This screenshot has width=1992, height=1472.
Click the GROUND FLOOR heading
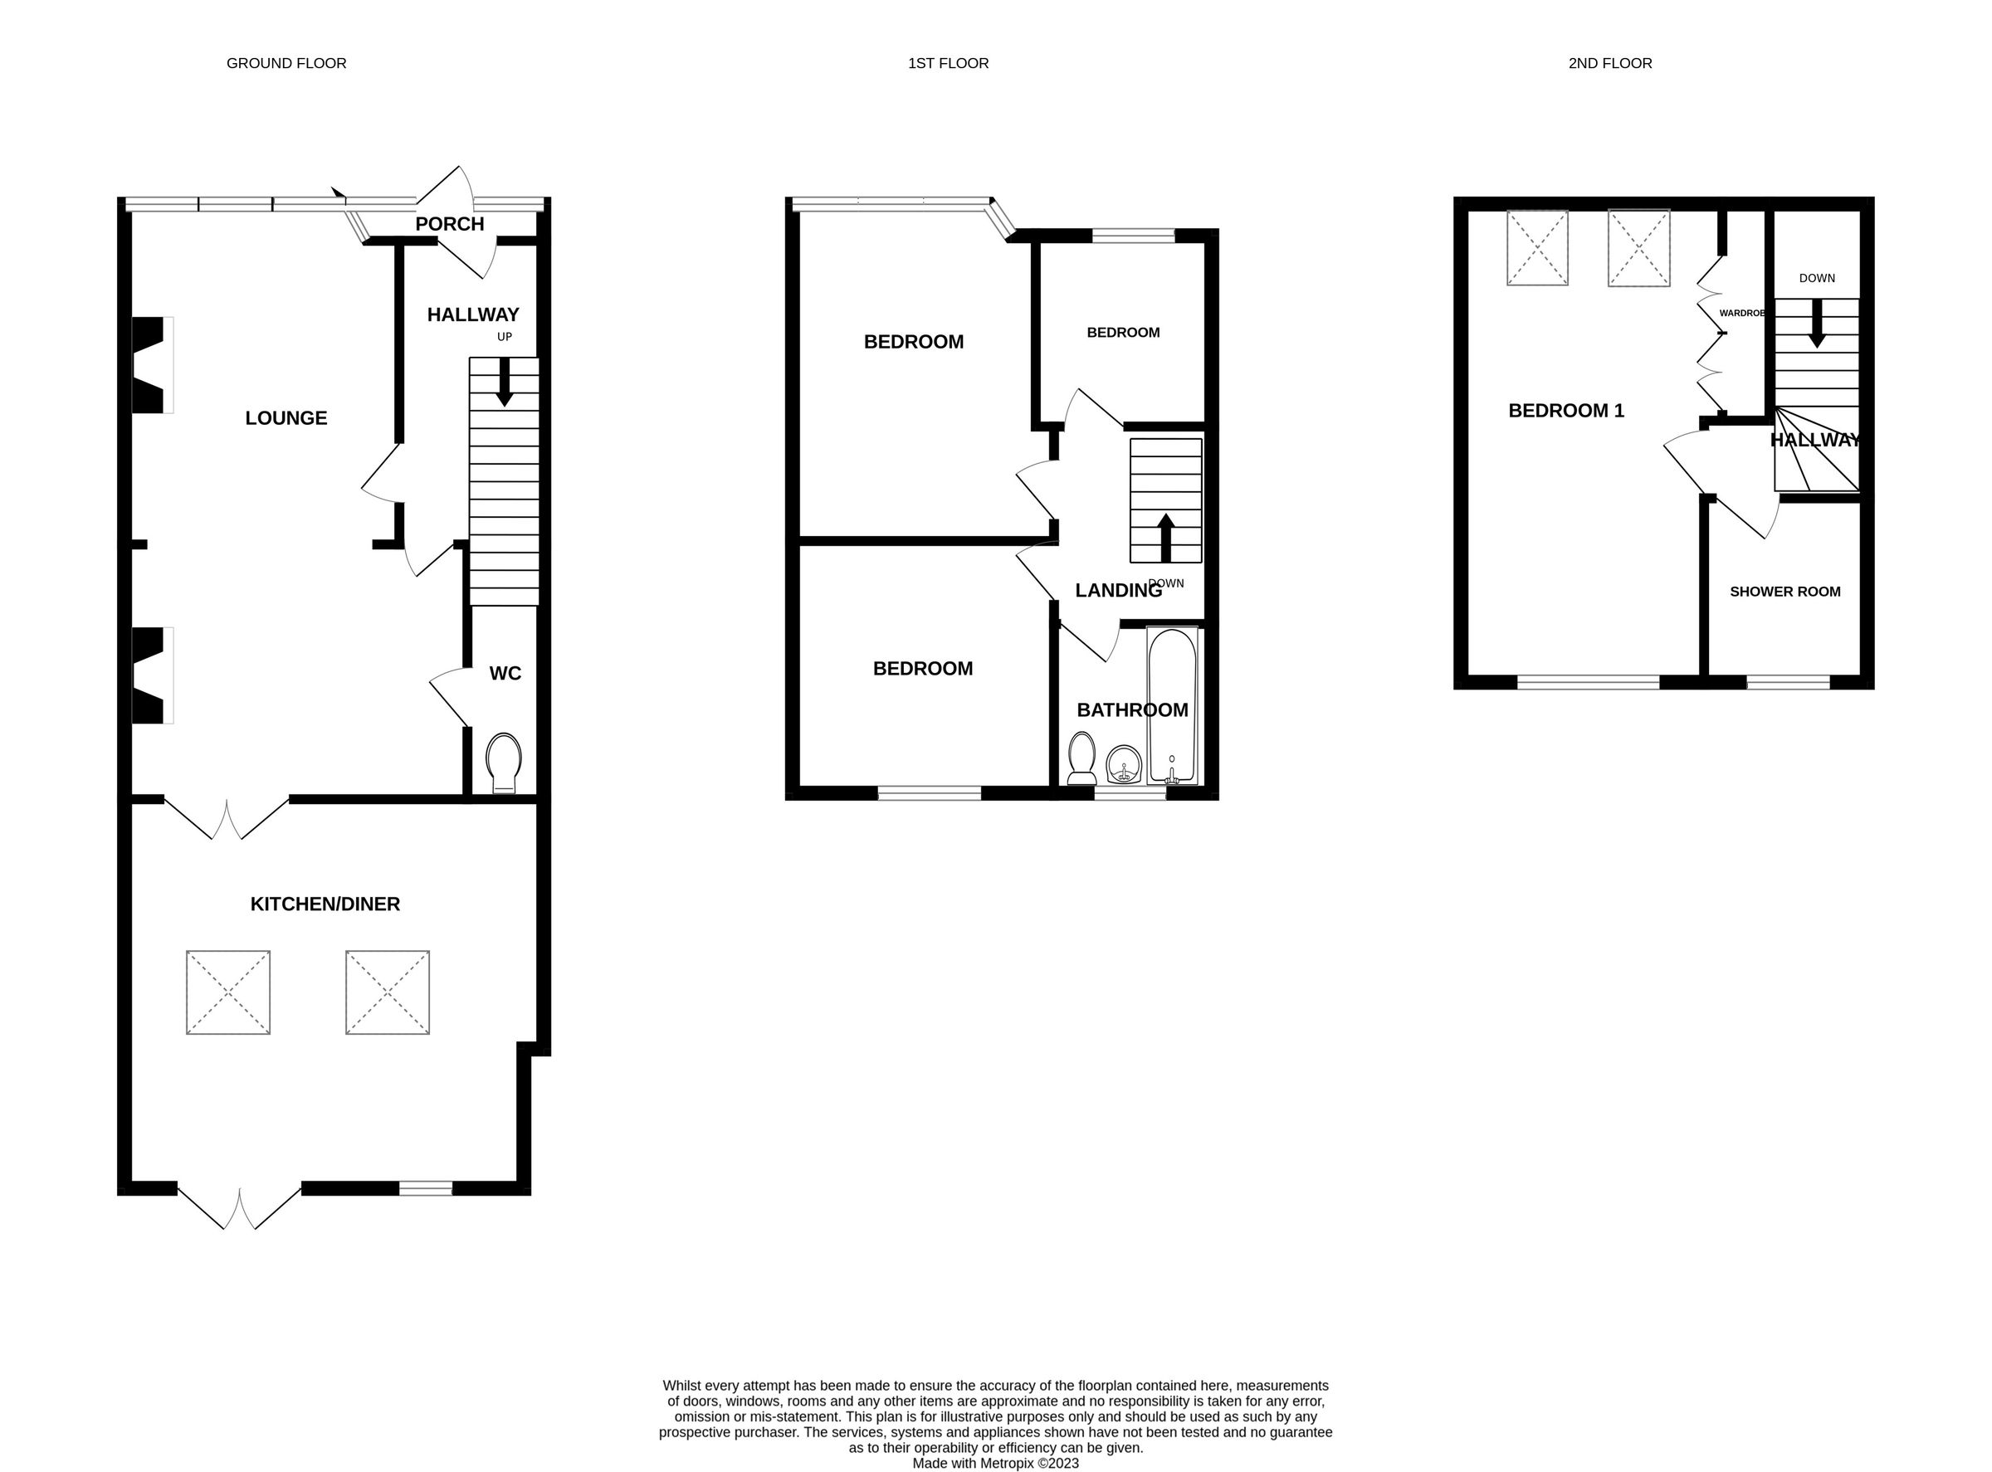[286, 63]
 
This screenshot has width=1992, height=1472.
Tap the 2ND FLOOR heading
[1609, 63]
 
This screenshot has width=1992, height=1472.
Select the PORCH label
[449, 224]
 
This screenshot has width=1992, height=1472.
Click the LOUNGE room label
[286, 418]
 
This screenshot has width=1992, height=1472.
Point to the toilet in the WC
[504, 763]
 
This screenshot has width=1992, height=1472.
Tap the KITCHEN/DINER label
[325, 904]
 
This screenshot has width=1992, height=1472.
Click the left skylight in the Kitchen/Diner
[228, 992]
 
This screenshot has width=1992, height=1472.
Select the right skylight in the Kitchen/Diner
[388, 992]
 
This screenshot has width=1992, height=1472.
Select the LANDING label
[1118, 590]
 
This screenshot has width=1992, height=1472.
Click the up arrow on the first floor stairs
[1164, 536]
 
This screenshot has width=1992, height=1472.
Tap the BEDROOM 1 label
[1566, 411]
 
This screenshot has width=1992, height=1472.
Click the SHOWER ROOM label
[1784, 592]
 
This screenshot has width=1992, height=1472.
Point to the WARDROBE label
[1741, 314]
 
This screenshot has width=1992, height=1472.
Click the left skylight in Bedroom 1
[1537, 248]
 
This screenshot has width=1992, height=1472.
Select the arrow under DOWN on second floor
[1816, 324]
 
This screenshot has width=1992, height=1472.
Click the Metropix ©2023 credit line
[994, 1463]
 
